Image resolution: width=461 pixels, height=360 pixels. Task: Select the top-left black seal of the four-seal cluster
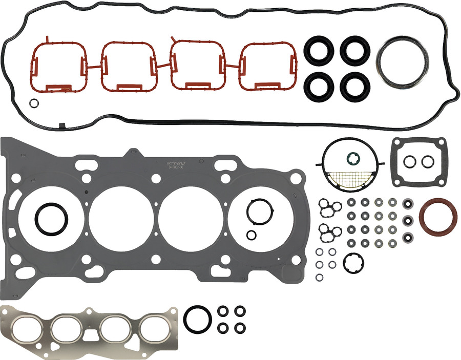click(317, 50)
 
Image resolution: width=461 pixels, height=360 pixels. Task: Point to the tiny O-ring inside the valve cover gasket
click(33, 103)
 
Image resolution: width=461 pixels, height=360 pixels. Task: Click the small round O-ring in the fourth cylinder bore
click(252, 235)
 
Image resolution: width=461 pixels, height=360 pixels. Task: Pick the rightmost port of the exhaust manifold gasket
click(154, 328)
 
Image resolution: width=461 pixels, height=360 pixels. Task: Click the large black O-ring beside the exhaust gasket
click(197, 319)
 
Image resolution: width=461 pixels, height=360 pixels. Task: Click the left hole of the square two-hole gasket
click(409, 161)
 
